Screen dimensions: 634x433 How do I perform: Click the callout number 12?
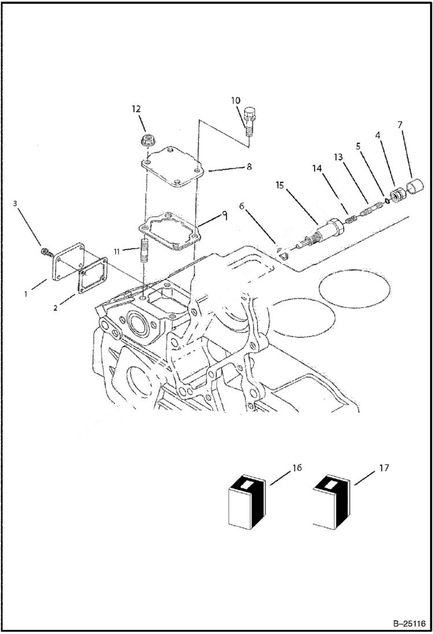click(x=136, y=109)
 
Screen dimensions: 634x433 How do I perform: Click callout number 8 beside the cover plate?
click(x=249, y=166)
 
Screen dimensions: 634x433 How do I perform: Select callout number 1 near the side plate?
click(x=26, y=294)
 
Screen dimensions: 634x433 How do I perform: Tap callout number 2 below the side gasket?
click(x=55, y=307)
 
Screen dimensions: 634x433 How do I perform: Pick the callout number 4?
click(x=378, y=135)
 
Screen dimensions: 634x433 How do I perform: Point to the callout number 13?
click(x=338, y=157)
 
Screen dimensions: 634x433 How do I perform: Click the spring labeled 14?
click(x=350, y=218)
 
